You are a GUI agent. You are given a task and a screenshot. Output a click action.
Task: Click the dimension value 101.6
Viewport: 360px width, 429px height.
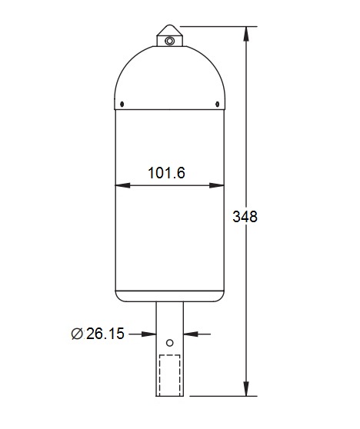[165, 173]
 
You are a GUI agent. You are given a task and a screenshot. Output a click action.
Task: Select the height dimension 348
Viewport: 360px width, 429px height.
[245, 216]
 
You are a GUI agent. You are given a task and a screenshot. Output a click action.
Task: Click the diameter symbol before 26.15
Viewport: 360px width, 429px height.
[76, 334]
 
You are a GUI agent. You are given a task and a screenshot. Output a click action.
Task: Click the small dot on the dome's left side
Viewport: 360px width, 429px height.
[123, 104]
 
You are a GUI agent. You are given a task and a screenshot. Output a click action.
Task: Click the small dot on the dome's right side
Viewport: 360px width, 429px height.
[216, 104]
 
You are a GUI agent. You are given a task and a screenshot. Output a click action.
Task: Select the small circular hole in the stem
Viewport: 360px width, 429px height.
[169, 343]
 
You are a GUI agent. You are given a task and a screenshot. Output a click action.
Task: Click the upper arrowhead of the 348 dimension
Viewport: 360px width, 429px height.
[247, 33]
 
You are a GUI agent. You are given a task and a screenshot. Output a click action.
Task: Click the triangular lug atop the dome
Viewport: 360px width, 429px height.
[168, 35]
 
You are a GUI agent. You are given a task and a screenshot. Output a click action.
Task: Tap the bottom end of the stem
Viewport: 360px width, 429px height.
[169, 396]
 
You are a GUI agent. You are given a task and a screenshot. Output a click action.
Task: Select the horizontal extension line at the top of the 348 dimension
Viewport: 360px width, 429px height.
[215, 26]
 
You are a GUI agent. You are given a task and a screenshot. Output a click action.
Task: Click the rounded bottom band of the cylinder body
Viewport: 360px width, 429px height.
[169, 296]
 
